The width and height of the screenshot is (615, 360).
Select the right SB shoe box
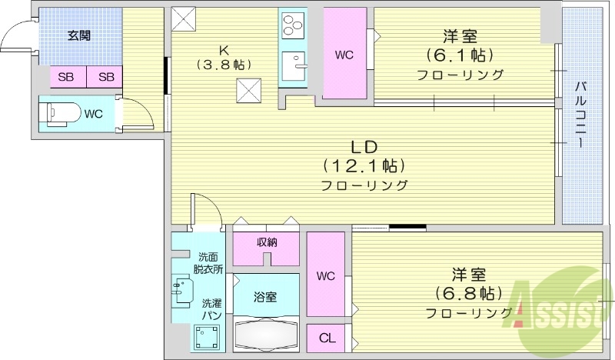pos(105,76)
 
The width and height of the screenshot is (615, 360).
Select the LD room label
pos(364,147)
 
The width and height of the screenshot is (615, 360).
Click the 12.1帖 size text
pos(364,165)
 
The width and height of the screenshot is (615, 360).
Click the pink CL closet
pos(326,338)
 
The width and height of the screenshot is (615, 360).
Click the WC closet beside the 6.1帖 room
pos(344,54)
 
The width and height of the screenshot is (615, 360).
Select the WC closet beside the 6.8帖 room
pos(325,275)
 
